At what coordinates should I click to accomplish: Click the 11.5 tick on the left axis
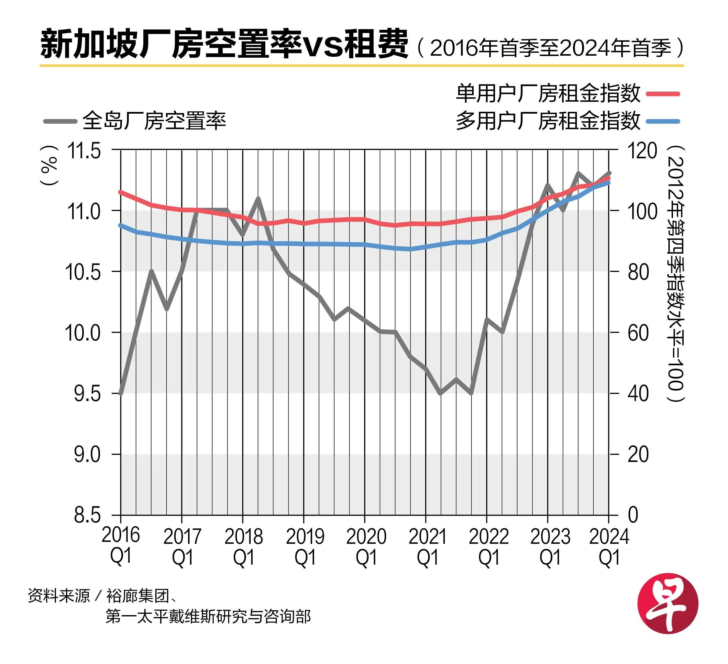(84, 151)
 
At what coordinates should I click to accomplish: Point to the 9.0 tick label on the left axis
(87, 455)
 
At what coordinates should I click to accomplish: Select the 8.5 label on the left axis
(87, 515)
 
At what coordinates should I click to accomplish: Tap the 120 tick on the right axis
(642, 150)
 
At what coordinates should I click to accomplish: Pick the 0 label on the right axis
(633, 515)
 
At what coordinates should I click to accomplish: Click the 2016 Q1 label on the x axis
(121, 546)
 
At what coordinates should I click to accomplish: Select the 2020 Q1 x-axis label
(366, 546)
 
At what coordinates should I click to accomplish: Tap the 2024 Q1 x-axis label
(609, 546)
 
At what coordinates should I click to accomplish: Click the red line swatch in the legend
(663, 94)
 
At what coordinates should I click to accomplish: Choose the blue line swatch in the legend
(663, 121)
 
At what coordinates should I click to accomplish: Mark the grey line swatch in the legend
(60, 121)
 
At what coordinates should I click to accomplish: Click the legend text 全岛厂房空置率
(154, 121)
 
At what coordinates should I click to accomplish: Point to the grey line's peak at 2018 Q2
(258, 198)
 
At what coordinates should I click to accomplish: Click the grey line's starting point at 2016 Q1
(121, 393)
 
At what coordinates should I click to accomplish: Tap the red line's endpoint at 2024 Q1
(609, 178)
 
